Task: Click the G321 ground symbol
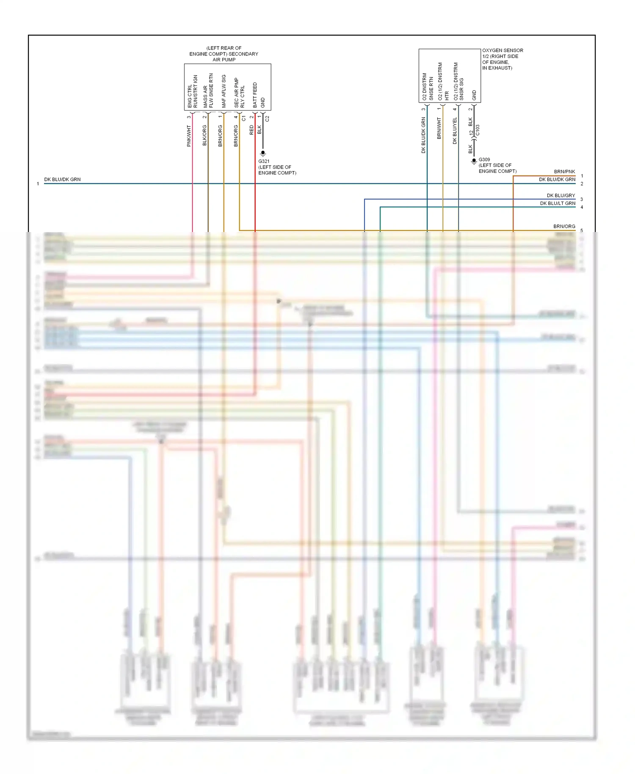click(263, 153)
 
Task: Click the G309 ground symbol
click(474, 161)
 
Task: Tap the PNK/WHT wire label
click(189, 136)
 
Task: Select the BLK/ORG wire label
click(204, 135)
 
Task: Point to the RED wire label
click(251, 130)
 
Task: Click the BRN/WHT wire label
click(439, 128)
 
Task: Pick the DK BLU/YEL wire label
click(455, 131)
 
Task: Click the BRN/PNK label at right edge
click(564, 172)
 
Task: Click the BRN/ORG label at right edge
click(564, 227)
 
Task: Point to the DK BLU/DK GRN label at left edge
click(62, 180)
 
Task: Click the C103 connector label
click(478, 130)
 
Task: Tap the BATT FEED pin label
click(255, 95)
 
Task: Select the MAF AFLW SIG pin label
click(224, 91)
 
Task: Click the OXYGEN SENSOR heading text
click(502, 50)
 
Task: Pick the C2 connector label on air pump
click(267, 119)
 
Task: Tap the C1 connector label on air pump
click(243, 119)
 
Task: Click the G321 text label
click(264, 161)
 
